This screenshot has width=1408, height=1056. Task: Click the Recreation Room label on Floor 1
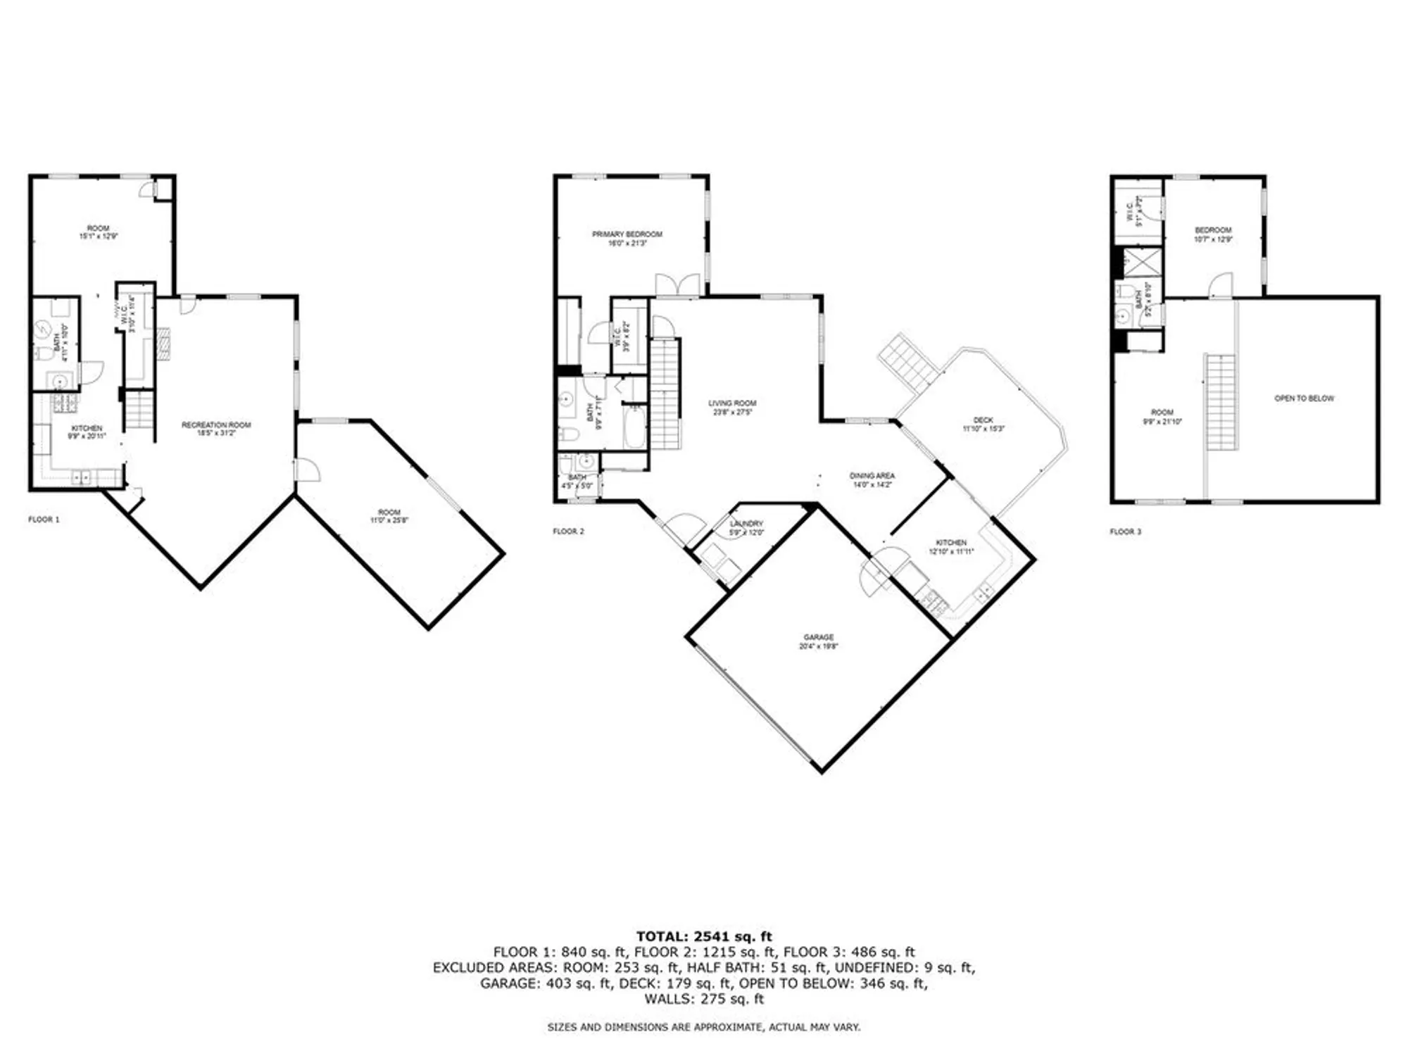[x=216, y=425]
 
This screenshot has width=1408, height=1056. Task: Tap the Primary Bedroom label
[x=627, y=234]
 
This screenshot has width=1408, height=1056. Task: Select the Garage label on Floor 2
[x=818, y=637]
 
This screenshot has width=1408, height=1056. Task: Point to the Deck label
[x=983, y=420]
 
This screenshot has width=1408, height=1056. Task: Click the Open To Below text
[x=1304, y=398]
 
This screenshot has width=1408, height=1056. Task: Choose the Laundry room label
[x=746, y=524]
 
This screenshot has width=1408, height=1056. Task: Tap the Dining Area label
[x=872, y=477]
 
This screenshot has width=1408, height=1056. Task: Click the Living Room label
[x=732, y=403]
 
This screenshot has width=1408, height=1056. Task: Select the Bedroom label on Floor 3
[x=1213, y=230]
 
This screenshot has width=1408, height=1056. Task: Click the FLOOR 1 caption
[x=44, y=520]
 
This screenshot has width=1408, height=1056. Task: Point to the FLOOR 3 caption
[x=1125, y=532]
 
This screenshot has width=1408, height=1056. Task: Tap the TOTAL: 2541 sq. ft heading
[x=704, y=936]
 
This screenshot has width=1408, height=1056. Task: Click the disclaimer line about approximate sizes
[x=704, y=1027]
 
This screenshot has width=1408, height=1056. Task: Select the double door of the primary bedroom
[x=678, y=285]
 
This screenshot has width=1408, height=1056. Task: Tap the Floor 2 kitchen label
[x=950, y=543]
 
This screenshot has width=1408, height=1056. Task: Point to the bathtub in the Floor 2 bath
[x=634, y=429]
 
